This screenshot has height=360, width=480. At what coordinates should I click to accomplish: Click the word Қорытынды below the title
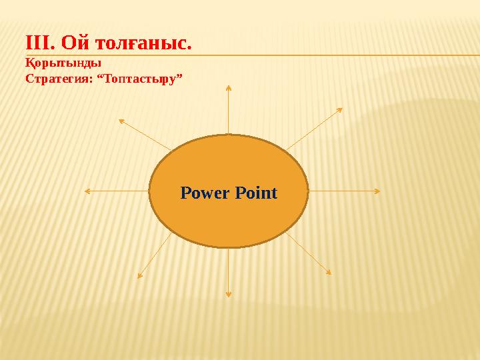point(63,65)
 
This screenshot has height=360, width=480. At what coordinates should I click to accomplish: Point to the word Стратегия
point(57,79)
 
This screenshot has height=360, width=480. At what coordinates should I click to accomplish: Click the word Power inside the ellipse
point(205,193)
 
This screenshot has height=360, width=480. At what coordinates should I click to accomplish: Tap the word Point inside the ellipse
point(255,193)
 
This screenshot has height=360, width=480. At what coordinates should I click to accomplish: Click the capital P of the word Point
point(239,193)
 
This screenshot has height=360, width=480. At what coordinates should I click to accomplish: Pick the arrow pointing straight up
point(229,110)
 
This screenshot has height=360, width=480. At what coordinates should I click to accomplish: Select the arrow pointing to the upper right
point(313,129)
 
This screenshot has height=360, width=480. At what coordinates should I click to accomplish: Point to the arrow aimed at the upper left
point(144,134)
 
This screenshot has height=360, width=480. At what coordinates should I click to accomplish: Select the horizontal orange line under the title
point(333,55)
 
